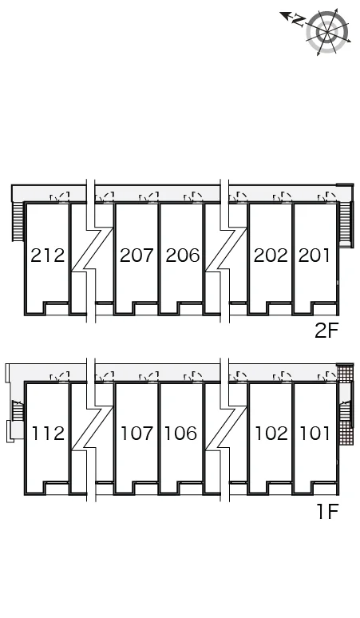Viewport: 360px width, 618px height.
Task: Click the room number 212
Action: [48, 256]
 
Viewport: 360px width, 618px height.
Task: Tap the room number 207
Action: [136, 256]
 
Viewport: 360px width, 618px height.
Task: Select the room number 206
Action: [182, 256]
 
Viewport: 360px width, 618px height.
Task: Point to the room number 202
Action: [271, 256]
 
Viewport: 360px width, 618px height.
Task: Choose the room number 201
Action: [315, 256]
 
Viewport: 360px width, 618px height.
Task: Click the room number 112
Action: [48, 433]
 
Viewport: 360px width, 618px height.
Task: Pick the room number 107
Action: [136, 433]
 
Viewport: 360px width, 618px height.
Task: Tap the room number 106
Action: [180, 433]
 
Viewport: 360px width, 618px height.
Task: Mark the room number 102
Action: [271, 433]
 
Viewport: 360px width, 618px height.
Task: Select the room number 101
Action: [315, 433]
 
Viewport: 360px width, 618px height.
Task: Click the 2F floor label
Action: [326, 331]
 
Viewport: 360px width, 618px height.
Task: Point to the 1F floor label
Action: [328, 512]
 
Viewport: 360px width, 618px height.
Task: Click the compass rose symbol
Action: [328, 31]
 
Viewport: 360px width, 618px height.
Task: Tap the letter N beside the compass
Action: [299, 20]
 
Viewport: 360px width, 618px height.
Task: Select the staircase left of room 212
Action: [18, 220]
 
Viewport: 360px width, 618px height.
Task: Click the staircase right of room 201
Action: [346, 224]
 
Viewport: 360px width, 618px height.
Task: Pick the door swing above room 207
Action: [149, 197]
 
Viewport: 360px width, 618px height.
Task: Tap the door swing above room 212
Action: [60, 197]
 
